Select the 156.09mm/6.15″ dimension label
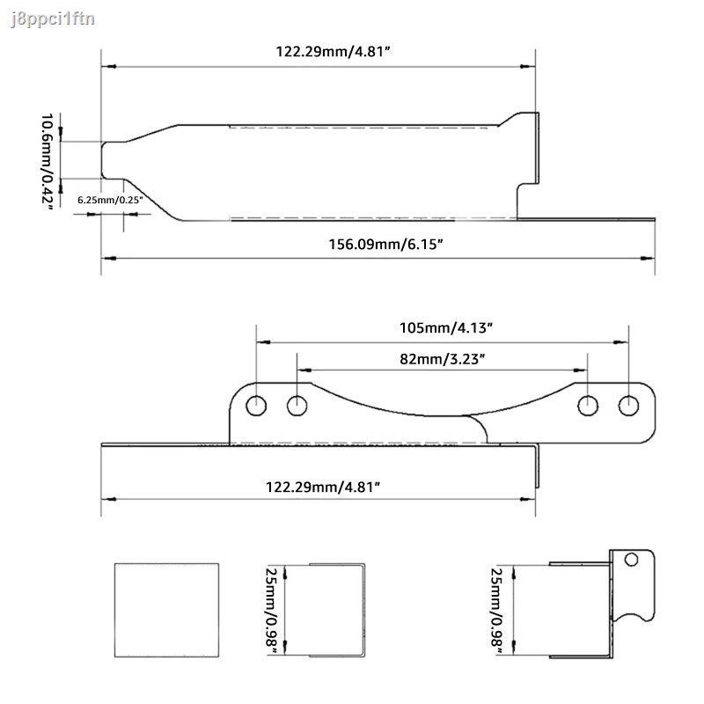pos(378,243)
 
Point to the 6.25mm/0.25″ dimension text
pos(109,200)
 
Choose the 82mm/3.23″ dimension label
pos(442,358)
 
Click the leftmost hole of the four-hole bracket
pos(256,406)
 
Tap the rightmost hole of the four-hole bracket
pos(628,406)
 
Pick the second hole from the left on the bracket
pos(297,406)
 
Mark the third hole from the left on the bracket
pos(587,406)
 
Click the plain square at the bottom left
pos(166,609)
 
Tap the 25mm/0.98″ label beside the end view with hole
pos(497,609)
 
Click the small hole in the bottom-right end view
pos(630,560)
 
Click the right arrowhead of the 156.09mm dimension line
pos(649,258)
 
